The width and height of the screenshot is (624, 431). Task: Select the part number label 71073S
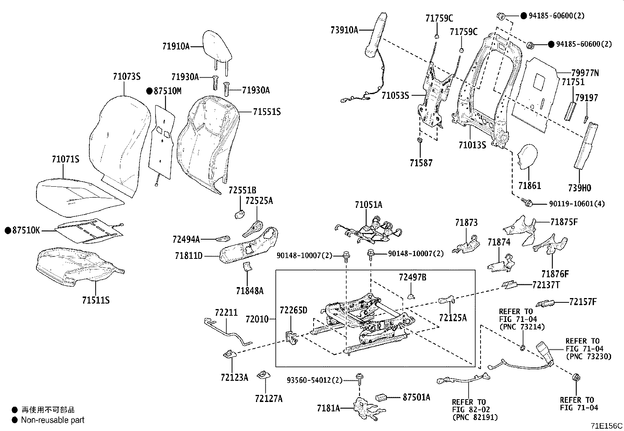pos(127,76)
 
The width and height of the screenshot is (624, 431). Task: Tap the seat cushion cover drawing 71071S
pos(80,197)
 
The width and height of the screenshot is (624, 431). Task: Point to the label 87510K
pos(26,230)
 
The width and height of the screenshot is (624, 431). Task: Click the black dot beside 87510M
pos(150,91)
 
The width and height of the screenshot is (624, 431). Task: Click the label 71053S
pos(395,96)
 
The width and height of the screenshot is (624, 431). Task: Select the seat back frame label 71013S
pos(472,145)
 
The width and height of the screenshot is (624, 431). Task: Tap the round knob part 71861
pos(527,157)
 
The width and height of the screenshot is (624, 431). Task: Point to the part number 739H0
pos(579,188)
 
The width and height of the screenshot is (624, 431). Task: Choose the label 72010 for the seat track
pos(257,319)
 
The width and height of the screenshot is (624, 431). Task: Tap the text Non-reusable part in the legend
pos(53,420)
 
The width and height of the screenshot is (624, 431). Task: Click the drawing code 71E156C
pos(606,426)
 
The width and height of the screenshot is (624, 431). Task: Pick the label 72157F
pos(583,302)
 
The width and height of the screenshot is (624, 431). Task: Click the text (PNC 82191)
pos(475,417)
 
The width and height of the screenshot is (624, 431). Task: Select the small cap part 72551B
pos(240,215)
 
